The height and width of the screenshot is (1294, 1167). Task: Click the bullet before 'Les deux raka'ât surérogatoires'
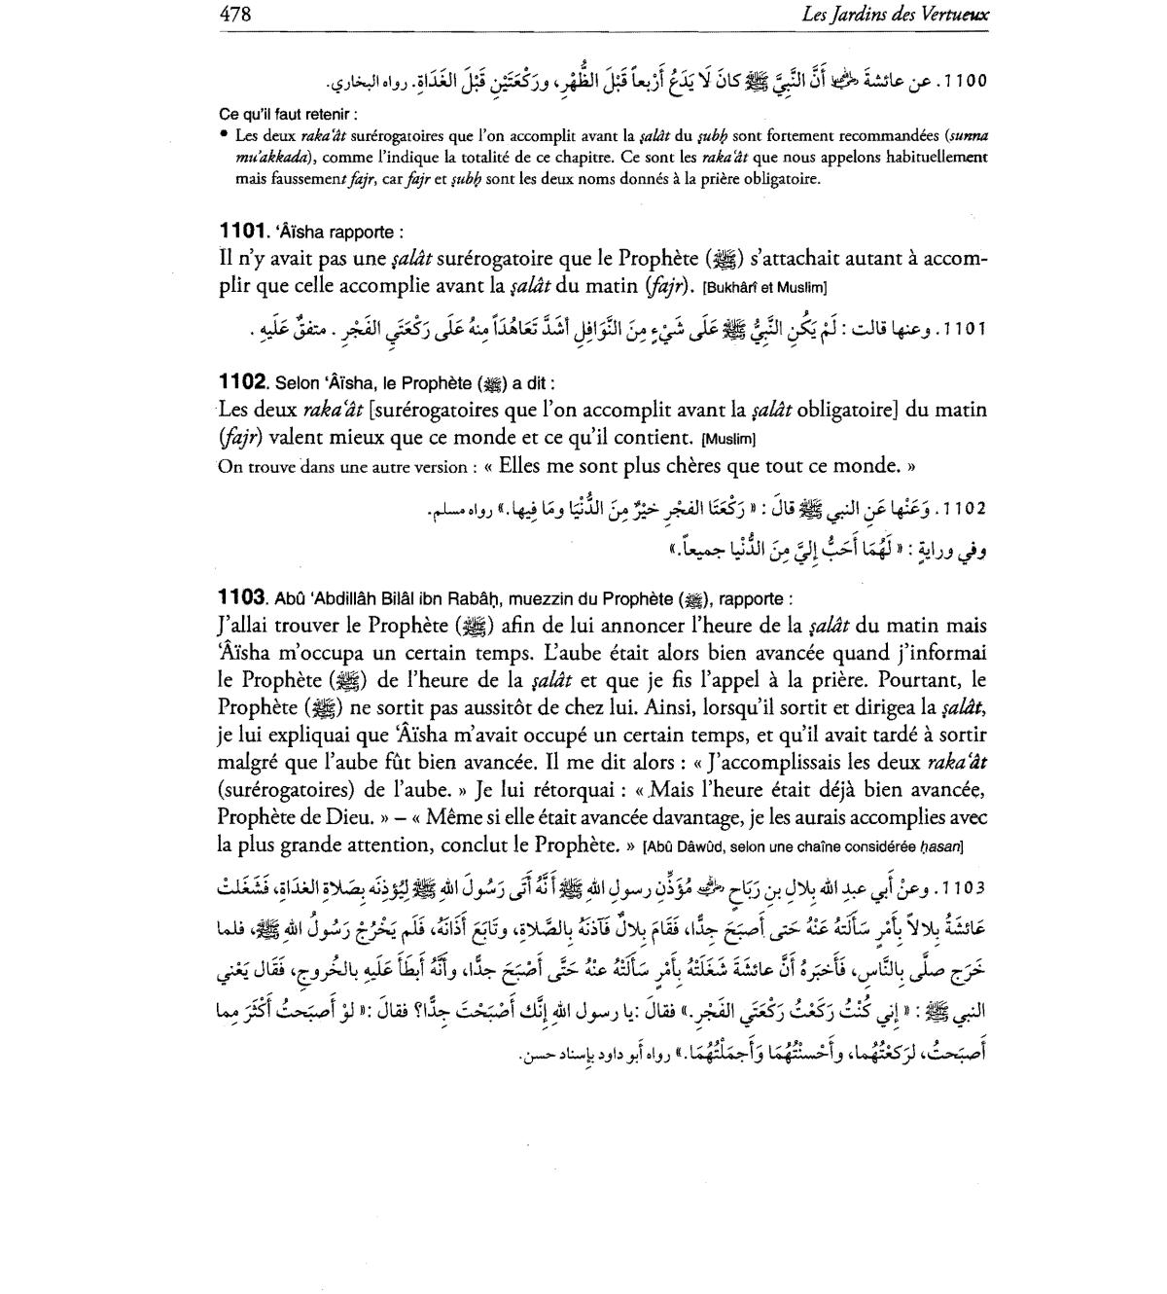point(224,135)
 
